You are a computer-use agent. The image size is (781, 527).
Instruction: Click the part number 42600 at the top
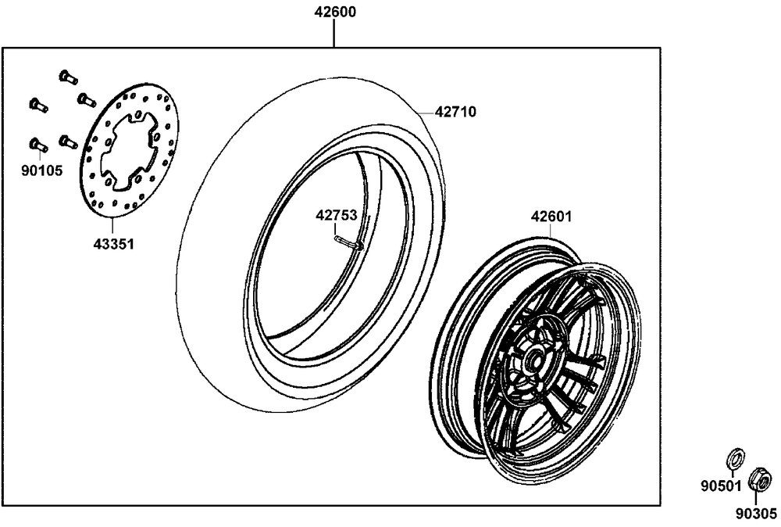pyautogui.click(x=335, y=12)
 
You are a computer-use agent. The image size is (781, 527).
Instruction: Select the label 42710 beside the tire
pyautogui.click(x=455, y=112)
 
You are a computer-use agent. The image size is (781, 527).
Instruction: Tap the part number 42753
pyautogui.click(x=337, y=215)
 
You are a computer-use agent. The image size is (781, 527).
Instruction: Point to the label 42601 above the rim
pyautogui.click(x=551, y=217)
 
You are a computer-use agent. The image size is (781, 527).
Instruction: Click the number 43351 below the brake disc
pyautogui.click(x=114, y=244)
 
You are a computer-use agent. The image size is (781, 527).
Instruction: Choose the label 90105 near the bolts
pyautogui.click(x=42, y=171)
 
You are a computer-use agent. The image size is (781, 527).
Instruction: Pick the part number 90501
pyautogui.click(x=721, y=486)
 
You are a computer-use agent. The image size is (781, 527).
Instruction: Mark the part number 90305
pyautogui.click(x=757, y=513)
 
